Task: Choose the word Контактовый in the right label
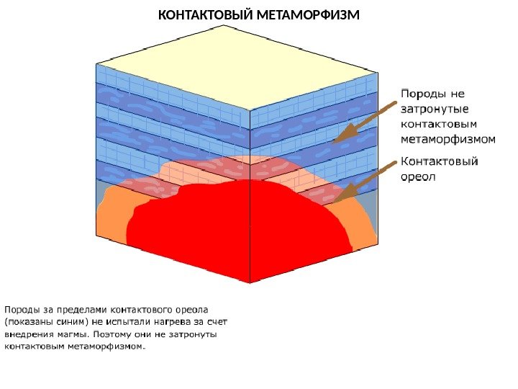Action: tap(438, 162)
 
